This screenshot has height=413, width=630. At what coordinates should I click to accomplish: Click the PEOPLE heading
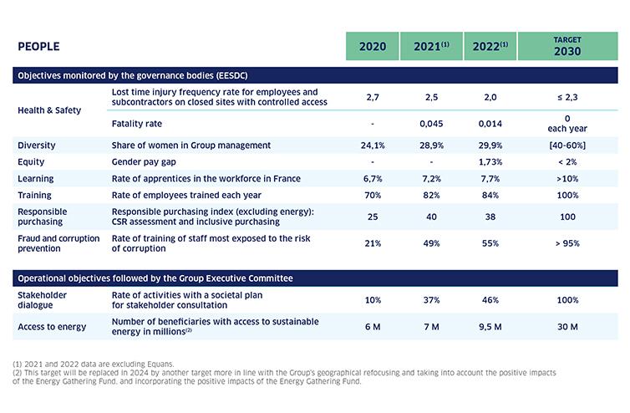point(38,47)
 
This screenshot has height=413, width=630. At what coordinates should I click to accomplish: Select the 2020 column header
point(373,47)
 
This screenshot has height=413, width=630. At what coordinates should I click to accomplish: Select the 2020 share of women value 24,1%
point(372,145)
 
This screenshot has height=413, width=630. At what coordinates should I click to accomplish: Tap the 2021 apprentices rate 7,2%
point(430,179)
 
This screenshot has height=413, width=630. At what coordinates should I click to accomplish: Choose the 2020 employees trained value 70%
point(372,196)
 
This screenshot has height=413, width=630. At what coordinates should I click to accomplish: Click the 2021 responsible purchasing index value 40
point(430,217)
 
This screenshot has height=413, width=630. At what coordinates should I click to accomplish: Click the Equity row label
point(32,161)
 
